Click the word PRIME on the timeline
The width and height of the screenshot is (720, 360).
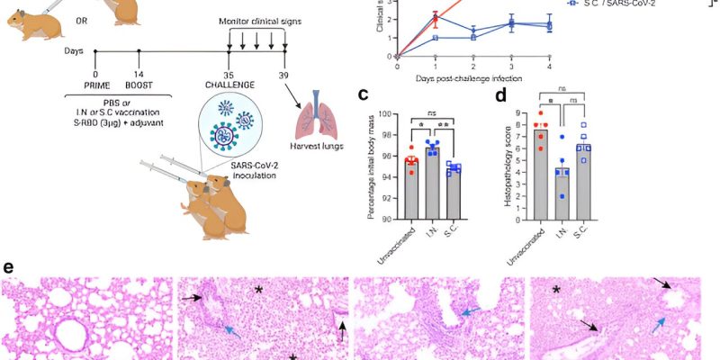click(x=95, y=86)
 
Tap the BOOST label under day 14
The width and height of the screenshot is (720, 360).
click(x=139, y=86)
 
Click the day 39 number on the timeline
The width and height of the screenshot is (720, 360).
click(x=284, y=74)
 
